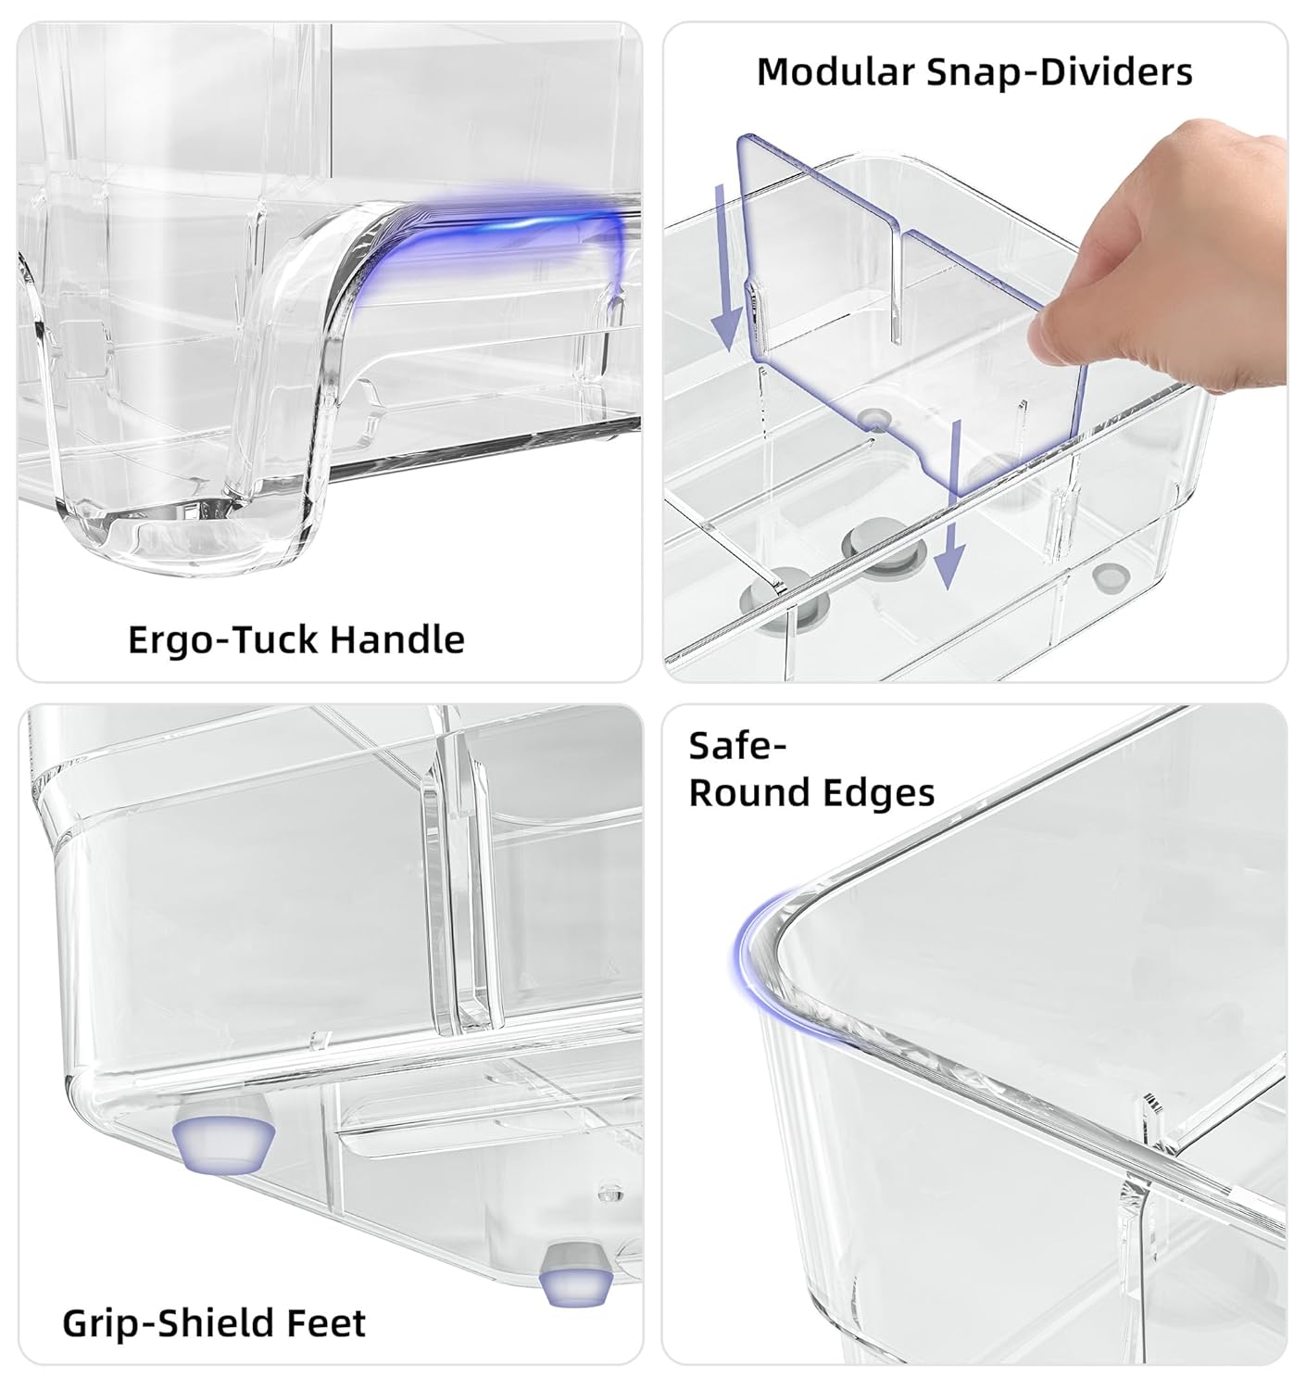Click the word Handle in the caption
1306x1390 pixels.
tap(396, 639)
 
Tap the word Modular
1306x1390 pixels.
tap(836, 71)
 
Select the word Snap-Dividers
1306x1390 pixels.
tap(1061, 73)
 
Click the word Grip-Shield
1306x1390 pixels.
tap(166, 1323)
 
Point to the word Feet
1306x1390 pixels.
tap(324, 1322)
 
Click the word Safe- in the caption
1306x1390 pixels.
tap(738, 746)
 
